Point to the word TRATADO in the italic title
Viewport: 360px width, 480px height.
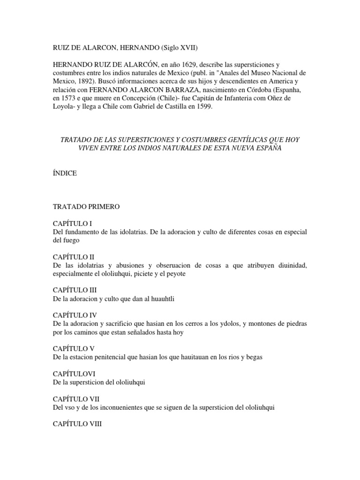(x=76, y=140)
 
